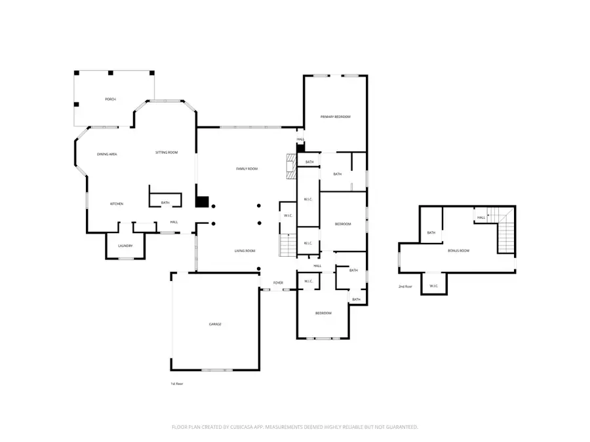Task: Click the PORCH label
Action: (110, 99)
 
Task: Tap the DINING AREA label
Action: (107, 154)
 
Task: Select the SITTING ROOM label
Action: (167, 153)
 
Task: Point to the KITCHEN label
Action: (116, 204)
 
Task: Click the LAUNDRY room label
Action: (125, 246)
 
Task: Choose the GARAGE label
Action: (215, 324)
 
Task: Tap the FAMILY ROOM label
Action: (247, 169)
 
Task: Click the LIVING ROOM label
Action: (245, 251)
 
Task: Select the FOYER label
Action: (279, 282)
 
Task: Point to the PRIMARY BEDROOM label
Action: (336, 117)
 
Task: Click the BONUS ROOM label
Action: (459, 251)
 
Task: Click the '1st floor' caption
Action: (176, 383)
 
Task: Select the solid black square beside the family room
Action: (203, 202)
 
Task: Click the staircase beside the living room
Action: (288, 245)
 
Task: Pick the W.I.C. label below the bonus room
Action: (434, 286)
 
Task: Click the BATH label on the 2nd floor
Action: (431, 232)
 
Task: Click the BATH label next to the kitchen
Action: (165, 203)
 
